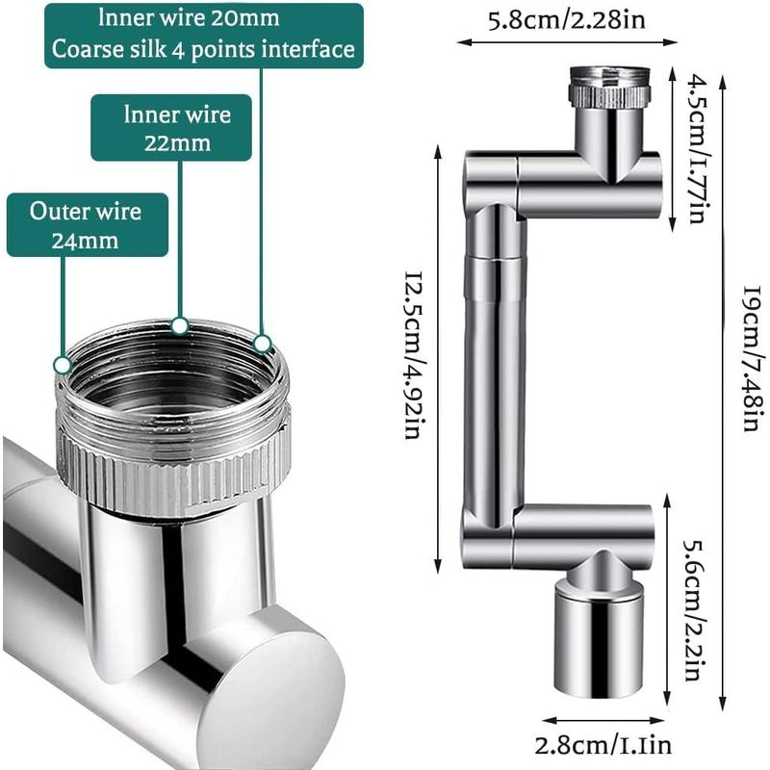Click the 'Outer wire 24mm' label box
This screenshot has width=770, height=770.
point(87,225)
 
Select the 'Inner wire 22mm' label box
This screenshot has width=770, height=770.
point(171,129)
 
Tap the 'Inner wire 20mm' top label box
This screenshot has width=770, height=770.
point(204,35)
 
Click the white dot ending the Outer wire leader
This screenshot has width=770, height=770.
point(62,365)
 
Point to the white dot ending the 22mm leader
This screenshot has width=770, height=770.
point(178,325)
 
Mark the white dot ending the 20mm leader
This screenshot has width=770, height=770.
point(262,342)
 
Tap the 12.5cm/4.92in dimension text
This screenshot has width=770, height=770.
point(412,356)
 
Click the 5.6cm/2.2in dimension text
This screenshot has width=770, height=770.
point(691,608)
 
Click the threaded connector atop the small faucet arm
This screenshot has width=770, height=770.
point(608,87)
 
